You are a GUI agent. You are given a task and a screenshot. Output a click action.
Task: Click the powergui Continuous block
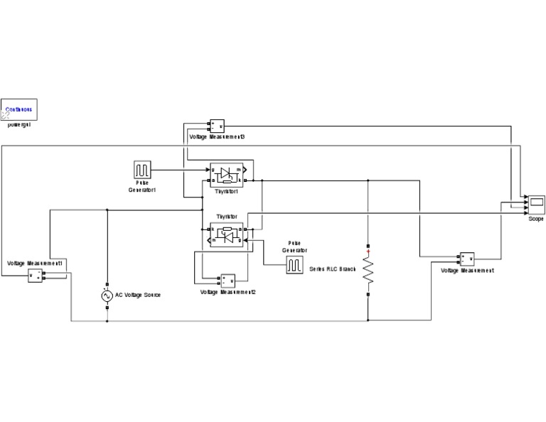(19, 109)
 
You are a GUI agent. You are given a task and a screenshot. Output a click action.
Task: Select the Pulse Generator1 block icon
(142, 170)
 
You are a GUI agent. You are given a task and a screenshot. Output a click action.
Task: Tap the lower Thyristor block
(226, 235)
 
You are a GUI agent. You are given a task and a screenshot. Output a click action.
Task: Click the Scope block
(535, 205)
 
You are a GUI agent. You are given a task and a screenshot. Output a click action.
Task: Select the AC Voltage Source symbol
(107, 295)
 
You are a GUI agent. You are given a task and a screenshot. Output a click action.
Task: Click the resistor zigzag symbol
(368, 270)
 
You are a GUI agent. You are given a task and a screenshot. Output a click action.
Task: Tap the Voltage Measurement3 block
(216, 126)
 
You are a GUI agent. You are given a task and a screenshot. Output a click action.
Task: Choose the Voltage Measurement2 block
(227, 280)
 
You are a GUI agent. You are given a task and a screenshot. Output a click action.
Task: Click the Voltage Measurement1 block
(36, 276)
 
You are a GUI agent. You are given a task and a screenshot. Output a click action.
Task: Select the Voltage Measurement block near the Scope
(467, 259)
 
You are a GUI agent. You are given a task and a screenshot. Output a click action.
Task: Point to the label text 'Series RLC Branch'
(333, 269)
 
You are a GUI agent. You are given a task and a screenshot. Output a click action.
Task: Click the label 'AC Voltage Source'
(138, 295)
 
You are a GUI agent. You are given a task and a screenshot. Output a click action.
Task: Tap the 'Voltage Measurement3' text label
(217, 136)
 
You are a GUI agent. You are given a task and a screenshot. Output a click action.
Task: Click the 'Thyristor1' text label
(225, 191)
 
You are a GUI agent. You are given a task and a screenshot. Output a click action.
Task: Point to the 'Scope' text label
(535, 219)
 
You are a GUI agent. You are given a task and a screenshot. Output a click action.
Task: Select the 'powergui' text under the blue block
(19, 124)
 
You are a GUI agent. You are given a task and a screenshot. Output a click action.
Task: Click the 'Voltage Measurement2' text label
(227, 292)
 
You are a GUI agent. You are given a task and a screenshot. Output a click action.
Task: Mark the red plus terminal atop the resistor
(368, 250)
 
